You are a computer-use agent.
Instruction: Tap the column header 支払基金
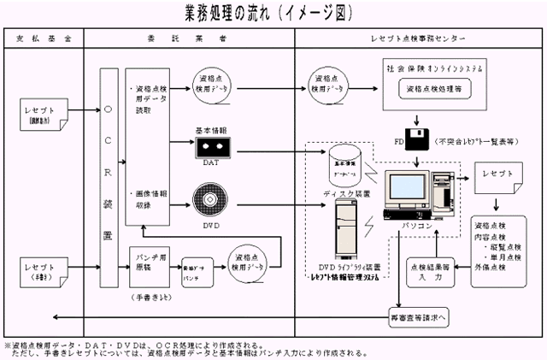[42, 39]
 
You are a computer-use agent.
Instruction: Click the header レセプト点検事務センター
[419, 39]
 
